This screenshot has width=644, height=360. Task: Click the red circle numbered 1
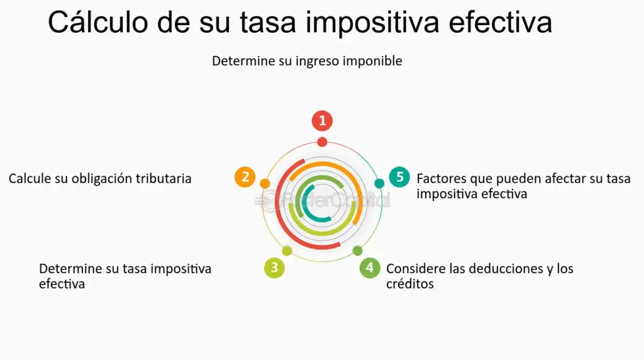[322, 121]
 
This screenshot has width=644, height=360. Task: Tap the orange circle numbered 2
[245, 177]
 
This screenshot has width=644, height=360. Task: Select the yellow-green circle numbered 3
[274, 268]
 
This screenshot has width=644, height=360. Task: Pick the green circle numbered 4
[370, 268]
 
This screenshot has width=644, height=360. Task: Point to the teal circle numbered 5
[399, 177]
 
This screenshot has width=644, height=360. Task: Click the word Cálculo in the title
[97, 22]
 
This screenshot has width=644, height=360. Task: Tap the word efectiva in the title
[500, 23]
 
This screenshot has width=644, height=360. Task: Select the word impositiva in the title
[372, 23]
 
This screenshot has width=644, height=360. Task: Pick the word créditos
[410, 284]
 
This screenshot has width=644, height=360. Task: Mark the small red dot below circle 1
[322, 142]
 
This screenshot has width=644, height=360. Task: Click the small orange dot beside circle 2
[265, 184]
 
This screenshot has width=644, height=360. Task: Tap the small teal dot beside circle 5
[379, 184]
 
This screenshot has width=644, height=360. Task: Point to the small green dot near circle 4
[357, 250]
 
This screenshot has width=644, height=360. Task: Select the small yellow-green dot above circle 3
[287, 250]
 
